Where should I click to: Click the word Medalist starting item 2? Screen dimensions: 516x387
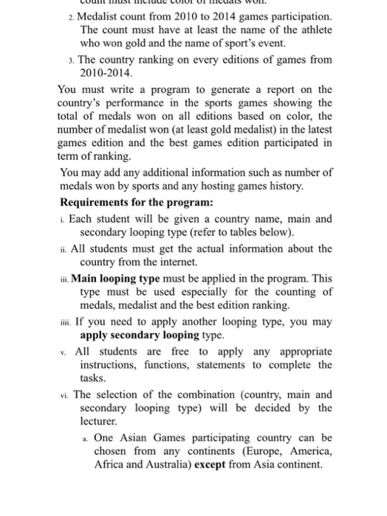100,16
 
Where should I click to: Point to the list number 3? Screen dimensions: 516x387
68,59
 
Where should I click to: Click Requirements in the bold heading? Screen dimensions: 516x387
99,202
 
